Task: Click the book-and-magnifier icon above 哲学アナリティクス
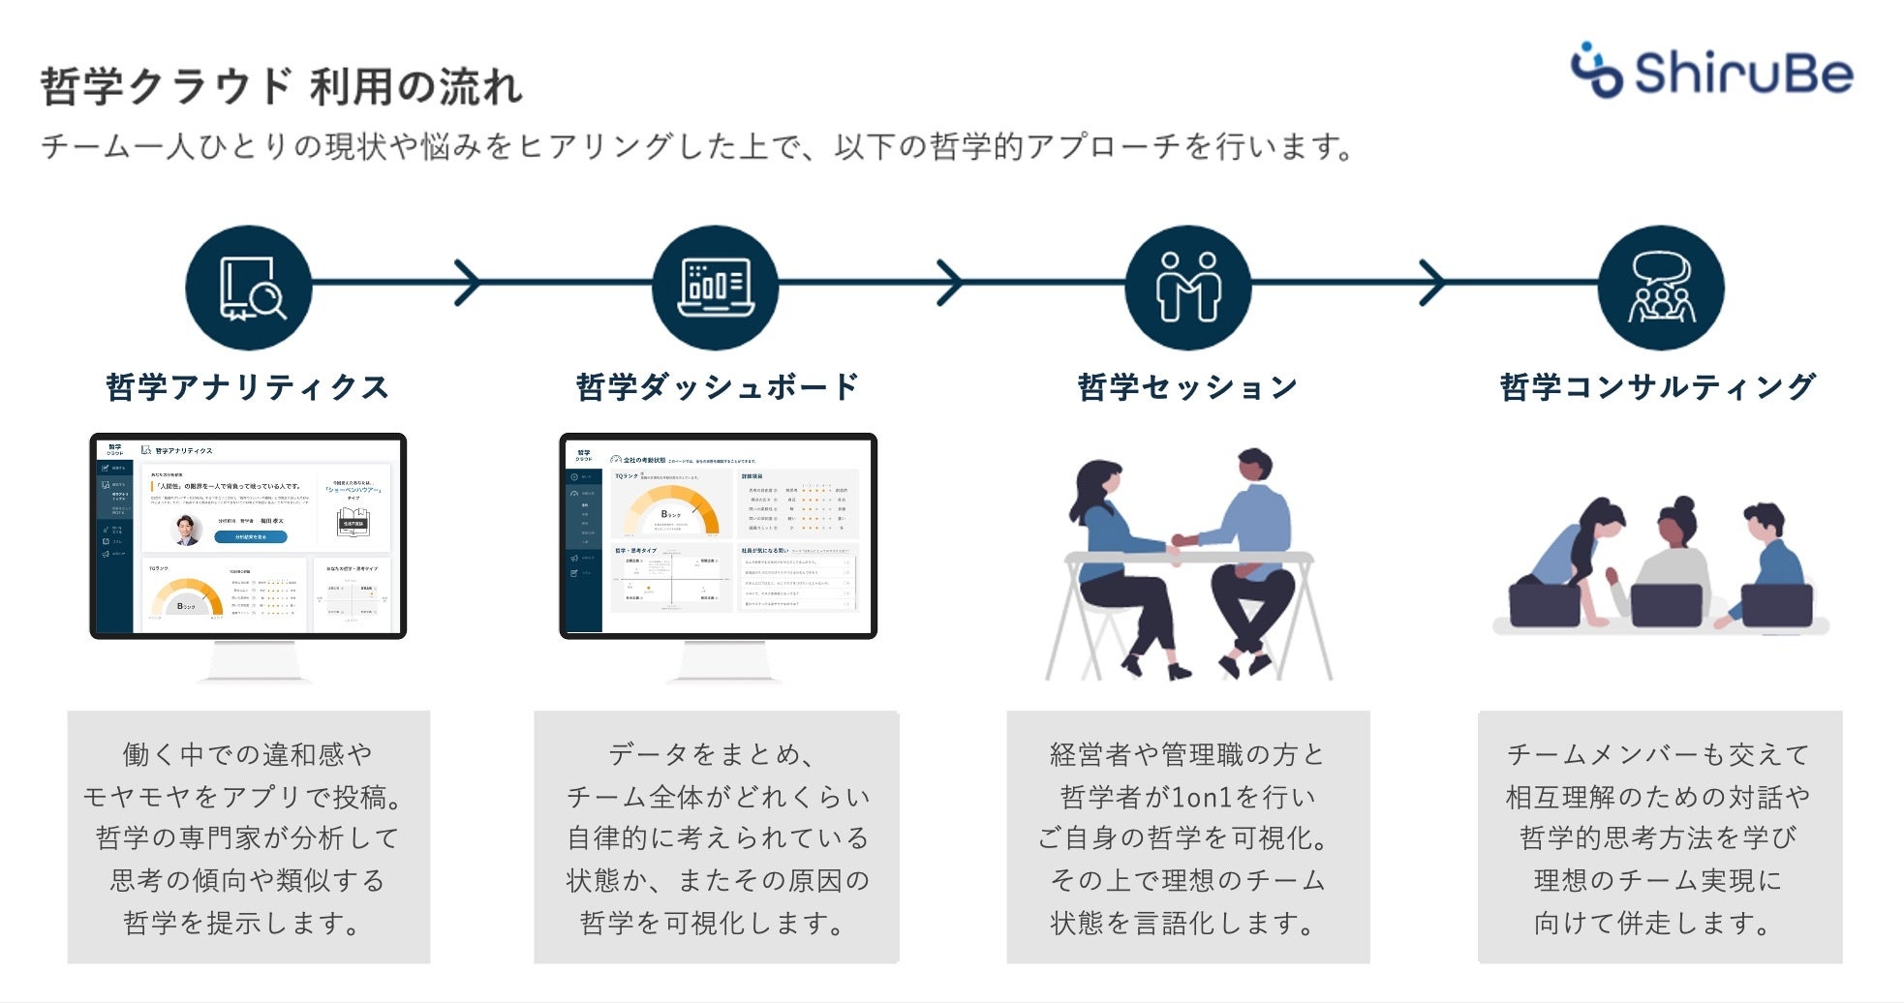pos(249,288)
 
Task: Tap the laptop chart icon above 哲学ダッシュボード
pos(716,288)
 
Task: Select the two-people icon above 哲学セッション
pos(1187,288)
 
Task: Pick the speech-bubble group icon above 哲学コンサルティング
pos(1661,288)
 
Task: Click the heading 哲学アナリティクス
pos(248,387)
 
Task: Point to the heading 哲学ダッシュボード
pos(717,387)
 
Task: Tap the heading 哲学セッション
pos(1187,387)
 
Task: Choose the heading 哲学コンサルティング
pos(1658,387)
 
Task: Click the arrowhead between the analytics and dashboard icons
pos(468,283)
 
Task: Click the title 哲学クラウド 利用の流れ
pos(281,86)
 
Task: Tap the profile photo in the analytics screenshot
pos(186,530)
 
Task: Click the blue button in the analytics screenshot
pos(251,536)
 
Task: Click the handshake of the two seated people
pos(1185,540)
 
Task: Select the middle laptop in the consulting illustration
pos(1666,606)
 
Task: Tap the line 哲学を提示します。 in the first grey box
pos(242,923)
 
